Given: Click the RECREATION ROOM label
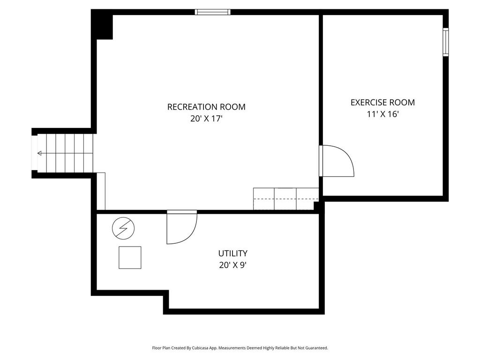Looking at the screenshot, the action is [206, 107].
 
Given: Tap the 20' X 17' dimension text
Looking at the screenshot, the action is [206, 119].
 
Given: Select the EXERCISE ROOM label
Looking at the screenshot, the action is [382, 102].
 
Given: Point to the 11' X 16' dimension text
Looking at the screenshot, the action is [382, 114].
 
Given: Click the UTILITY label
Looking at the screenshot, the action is [232, 253].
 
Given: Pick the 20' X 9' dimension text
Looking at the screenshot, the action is [232, 265].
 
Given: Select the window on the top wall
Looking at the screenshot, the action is [213, 12].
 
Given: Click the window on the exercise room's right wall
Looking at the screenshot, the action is [446, 42].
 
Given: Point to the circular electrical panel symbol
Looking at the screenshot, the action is [123, 228].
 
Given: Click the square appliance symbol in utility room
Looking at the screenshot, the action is [130, 258].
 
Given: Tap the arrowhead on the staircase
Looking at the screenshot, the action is [39, 153].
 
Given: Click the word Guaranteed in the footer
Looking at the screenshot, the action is [317, 348].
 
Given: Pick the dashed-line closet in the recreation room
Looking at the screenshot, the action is [286, 199].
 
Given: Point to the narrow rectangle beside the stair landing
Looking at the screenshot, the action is [101, 191].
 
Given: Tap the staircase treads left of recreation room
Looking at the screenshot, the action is [65, 153].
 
